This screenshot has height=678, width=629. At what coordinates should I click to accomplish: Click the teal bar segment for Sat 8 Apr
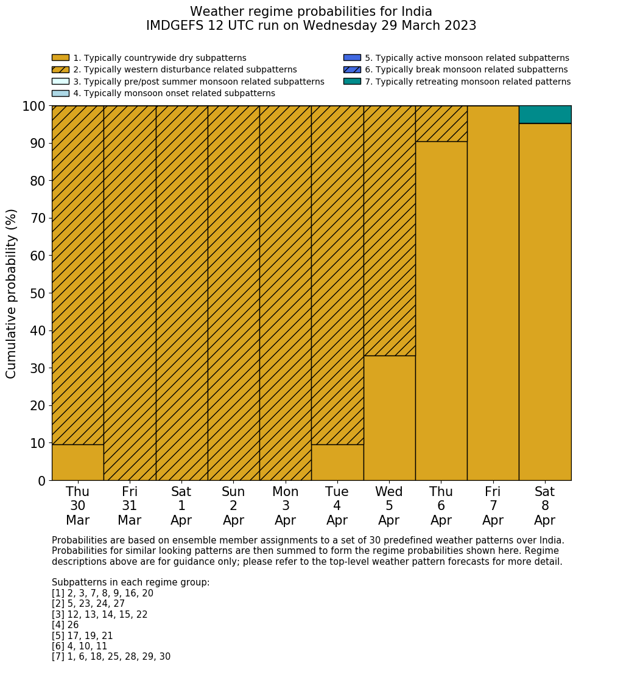[545, 114]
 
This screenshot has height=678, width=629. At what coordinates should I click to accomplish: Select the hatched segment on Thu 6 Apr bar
[441, 124]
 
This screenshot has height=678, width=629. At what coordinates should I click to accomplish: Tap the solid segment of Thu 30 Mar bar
[77, 463]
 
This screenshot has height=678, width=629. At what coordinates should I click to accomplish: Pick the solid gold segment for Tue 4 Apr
[337, 463]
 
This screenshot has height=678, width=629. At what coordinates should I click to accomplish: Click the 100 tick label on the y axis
[34, 107]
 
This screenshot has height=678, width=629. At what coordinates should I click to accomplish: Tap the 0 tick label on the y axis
[42, 481]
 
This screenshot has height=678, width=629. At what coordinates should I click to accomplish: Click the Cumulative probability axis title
[12, 293]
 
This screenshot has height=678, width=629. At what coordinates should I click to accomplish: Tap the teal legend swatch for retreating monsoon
[352, 82]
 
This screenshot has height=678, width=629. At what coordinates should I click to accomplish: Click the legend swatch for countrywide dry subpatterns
[60, 58]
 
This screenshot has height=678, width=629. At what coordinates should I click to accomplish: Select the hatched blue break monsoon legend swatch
[352, 70]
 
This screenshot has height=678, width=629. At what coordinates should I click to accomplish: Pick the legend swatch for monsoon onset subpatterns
[60, 93]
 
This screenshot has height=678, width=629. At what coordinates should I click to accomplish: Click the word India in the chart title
[417, 12]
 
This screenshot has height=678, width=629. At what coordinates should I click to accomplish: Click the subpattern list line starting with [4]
[65, 625]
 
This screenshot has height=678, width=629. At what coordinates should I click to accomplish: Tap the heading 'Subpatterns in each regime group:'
[130, 582]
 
